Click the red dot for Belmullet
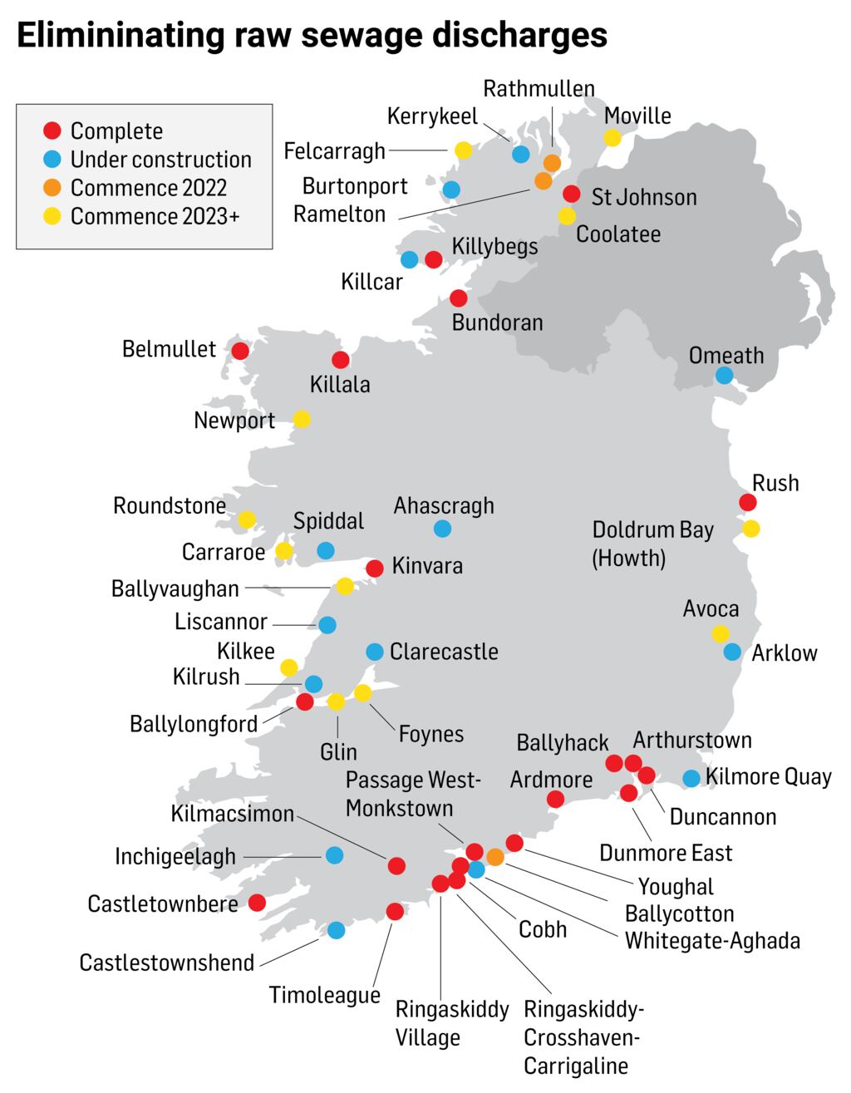coord(240,351)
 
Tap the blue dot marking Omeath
coord(725,376)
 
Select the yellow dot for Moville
coord(612,138)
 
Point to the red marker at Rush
coord(748,502)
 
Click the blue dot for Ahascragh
coord(443,528)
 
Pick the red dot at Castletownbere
coord(258,903)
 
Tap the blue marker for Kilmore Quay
coord(691,779)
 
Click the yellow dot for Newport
coord(302,419)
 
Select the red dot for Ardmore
coord(555,799)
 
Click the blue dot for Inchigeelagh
coord(334,854)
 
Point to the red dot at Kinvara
coord(375,569)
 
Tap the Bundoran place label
coord(497,322)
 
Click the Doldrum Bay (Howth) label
coord(652,544)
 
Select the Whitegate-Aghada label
coord(712,941)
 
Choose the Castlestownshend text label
coord(166,963)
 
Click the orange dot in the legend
coord(52,188)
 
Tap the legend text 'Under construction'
coord(160,160)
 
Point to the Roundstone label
coord(170,505)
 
